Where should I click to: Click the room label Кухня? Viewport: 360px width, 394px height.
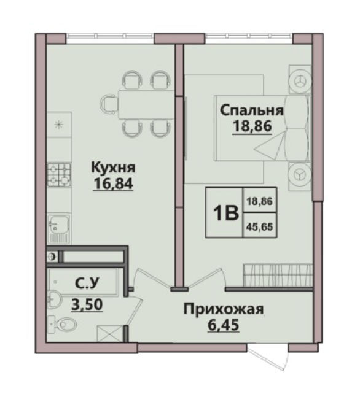pyautogui.click(x=113, y=168)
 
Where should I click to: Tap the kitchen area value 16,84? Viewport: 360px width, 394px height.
pyautogui.click(x=113, y=183)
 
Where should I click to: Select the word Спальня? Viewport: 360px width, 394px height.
pyautogui.click(x=252, y=110)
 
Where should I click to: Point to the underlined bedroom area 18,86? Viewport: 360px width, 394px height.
pyautogui.click(x=252, y=126)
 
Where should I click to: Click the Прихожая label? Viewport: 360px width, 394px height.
pyautogui.click(x=224, y=309)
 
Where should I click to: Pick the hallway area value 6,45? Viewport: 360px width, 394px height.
pyautogui.click(x=224, y=325)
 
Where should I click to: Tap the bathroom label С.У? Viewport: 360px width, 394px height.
pyautogui.click(x=87, y=284)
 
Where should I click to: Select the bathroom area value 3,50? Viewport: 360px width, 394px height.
pyautogui.click(x=87, y=304)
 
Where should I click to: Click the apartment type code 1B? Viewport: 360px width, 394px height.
pyautogui.click(x=225, y=212)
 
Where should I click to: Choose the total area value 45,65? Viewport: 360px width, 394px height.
pyautogui.click(x=260, y=227)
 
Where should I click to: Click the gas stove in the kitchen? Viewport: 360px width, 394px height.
pyautogui.click(x=59, y=175)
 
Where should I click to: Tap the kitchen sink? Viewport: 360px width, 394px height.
pyautogui.click(x=59, y=228)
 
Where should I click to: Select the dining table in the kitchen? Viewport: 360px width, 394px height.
pyautogui.click(x=146, y=104)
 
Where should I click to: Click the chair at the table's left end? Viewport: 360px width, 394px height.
pyautogui.click(x=109, y=104)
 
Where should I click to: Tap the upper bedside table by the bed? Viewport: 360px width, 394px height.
pyautogui.click(x=300, y=80)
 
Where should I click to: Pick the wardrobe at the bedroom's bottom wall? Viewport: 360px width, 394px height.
pyautogui.click(x=278, y=275)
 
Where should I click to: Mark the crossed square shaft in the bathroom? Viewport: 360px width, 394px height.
pyautogui.click(x=110, y=334)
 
